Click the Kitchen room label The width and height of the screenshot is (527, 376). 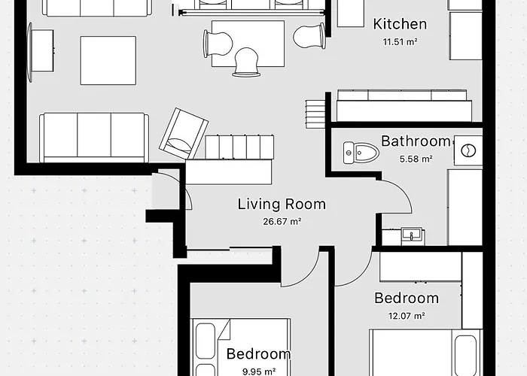[x=400, y=25]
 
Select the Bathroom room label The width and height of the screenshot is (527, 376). [x=415, y=141]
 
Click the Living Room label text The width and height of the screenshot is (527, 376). [x=282, y=204]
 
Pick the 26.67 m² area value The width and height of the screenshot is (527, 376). [x=282, y=221]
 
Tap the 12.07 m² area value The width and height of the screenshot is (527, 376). [x=406, y=316]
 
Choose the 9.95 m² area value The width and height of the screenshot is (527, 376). [x=258, y=371]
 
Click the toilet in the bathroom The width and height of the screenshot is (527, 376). [x=360, y=152]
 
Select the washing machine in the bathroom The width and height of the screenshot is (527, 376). [x=468, y=150]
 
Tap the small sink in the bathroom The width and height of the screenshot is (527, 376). [x=410, y=235]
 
